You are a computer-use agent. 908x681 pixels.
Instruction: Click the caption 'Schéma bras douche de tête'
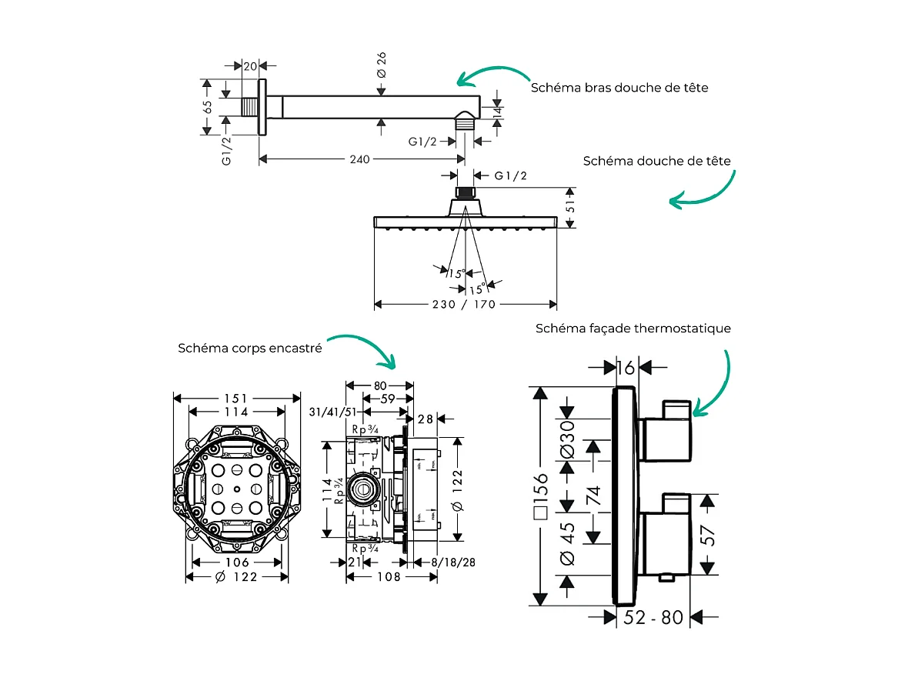coord(619,88)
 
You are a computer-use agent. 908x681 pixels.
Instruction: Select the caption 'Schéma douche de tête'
coord(656,161)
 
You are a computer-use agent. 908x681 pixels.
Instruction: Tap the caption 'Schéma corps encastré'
coord(249,348)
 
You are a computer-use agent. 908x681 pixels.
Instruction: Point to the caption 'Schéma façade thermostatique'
coord(633,329)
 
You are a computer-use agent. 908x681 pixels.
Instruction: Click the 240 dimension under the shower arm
coord(359,159)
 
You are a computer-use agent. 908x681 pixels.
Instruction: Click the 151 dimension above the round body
coord(235,398)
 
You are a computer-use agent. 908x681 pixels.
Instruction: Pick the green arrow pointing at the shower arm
coord(493,75)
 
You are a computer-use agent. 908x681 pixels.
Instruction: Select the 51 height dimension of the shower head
coord(570,207)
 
